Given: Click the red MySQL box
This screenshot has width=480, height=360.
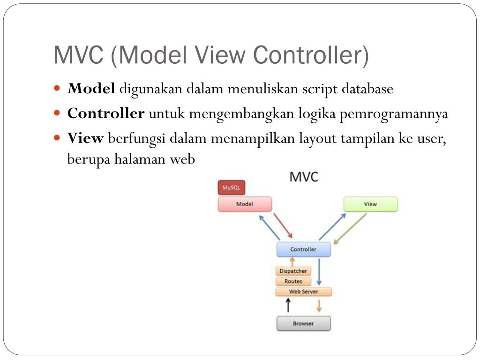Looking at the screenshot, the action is tap(231, 188).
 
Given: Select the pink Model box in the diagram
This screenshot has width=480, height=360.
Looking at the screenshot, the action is tap(245, 204).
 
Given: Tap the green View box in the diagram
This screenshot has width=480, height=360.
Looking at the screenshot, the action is tap(370, 204).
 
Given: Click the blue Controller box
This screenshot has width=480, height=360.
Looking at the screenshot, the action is tap(303, 249).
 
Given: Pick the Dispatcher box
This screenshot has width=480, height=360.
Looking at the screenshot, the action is tap(293, 271).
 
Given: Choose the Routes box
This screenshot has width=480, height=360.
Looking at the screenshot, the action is tap(293, 281).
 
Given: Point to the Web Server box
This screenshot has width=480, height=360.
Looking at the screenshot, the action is tap(303, 292).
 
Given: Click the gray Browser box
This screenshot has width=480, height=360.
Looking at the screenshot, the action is tap(303, 323).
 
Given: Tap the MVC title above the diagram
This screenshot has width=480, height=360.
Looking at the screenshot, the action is tap(304, 177).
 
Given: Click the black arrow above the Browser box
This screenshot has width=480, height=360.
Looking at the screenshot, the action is tap(289, 306).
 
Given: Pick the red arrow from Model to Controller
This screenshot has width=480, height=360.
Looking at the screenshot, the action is tap(283, 225).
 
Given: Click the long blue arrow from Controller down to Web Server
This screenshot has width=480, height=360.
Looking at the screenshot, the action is tap(319, 271).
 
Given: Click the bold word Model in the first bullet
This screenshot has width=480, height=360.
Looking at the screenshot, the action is tap(91, 89).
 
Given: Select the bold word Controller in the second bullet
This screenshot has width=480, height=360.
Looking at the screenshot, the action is tap(106, 113).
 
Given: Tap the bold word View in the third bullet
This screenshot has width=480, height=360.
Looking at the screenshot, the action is tap(85, 138).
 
